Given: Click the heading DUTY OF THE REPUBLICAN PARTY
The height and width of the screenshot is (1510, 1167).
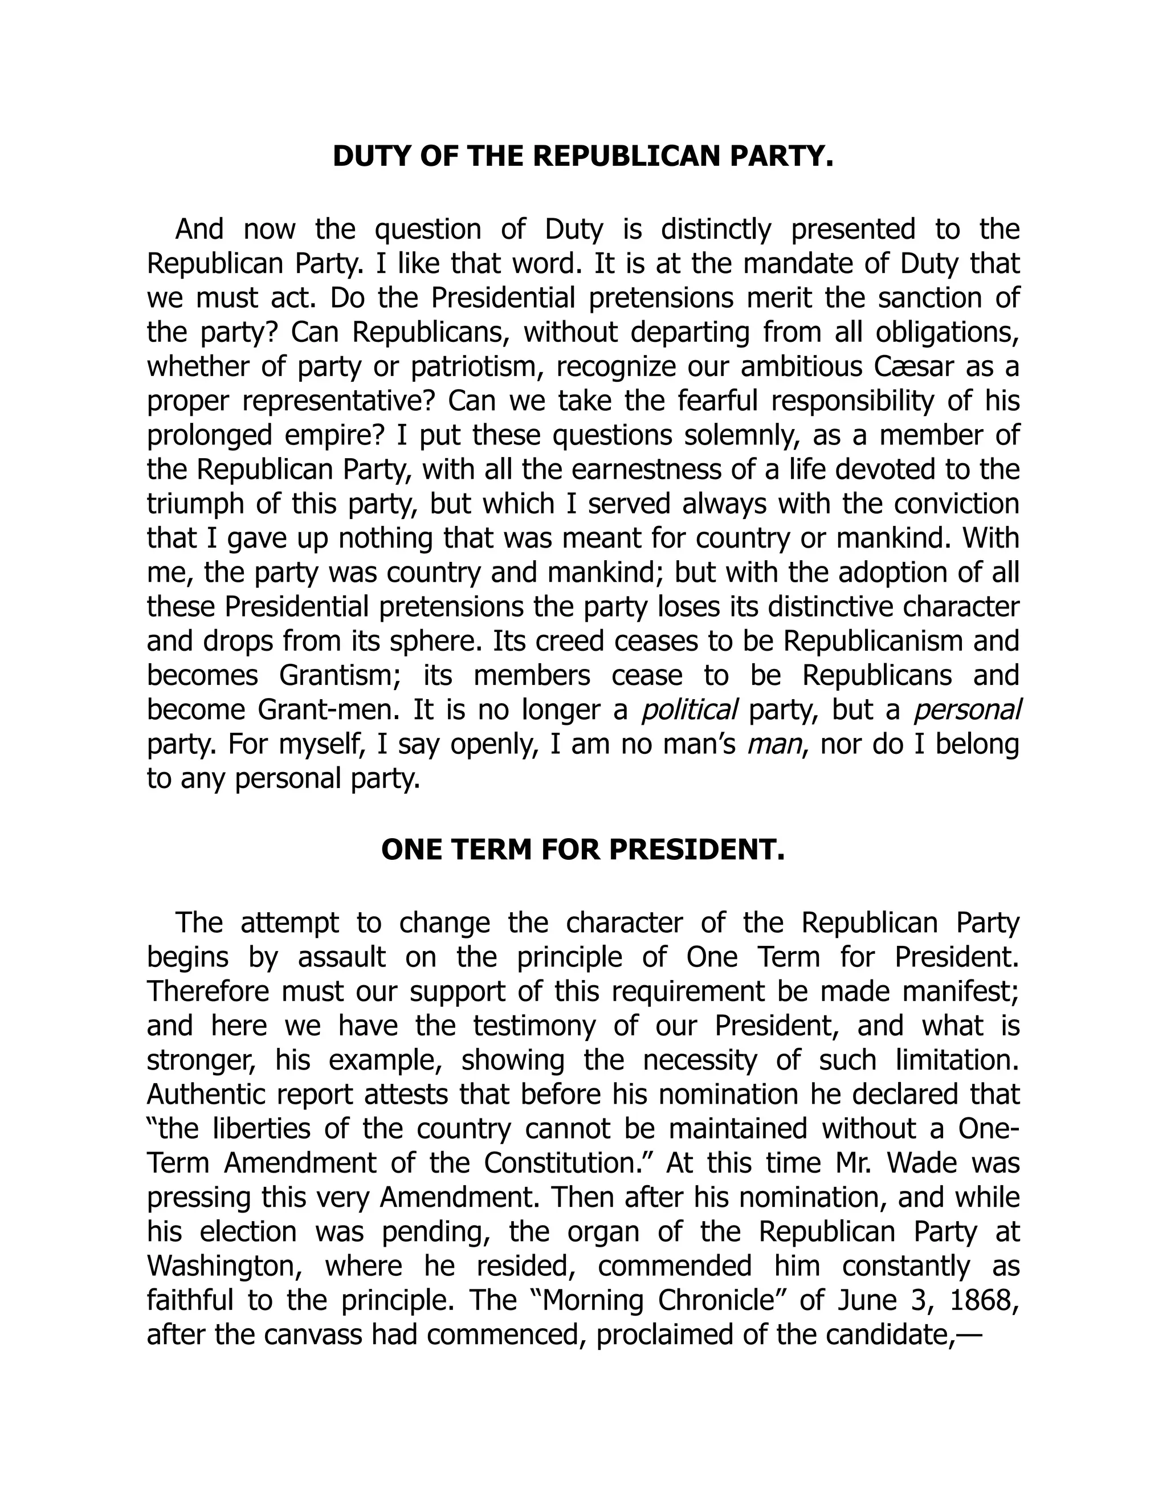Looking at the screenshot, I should coord(583,157).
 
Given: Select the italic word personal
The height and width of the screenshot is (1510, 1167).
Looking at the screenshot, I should coord(966,710).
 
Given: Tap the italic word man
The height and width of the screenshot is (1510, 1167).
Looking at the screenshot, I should coord(776,745).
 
